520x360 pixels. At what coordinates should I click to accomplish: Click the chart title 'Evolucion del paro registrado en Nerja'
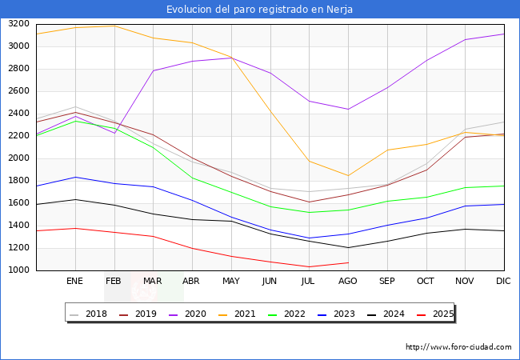260,10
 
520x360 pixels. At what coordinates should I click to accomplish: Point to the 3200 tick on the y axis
18,24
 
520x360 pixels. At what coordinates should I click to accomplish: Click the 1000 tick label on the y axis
18,270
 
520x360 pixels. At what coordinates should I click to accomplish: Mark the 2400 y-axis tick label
18,114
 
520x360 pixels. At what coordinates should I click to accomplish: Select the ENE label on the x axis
74,282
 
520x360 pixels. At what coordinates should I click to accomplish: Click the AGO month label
347,282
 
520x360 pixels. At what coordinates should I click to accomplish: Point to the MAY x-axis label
230,282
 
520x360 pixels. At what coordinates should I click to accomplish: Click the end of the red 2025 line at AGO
348,262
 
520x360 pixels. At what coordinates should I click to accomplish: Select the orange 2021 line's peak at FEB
114,26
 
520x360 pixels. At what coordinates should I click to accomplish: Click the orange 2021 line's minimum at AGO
348,175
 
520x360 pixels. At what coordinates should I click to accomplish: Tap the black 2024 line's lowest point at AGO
348,247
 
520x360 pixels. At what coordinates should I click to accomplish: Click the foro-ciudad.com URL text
458,347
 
